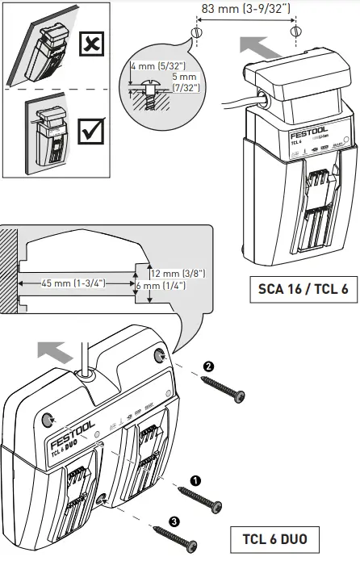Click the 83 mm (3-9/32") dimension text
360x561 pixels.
pos(246,9)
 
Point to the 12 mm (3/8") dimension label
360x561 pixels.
pos(178,273)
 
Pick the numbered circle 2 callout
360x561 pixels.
pos(210,366)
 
